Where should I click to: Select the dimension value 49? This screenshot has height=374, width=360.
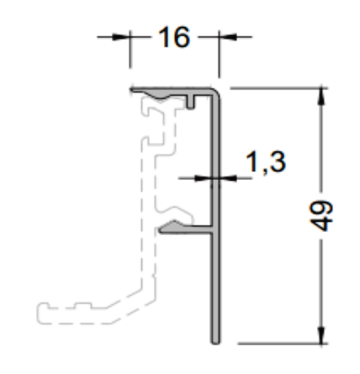point(325,215)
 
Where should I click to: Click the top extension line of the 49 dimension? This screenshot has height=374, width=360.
point(278,87)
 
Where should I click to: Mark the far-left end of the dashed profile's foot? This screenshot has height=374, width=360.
point(39,313)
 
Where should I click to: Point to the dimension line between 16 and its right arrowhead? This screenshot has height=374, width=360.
point(208,38)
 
